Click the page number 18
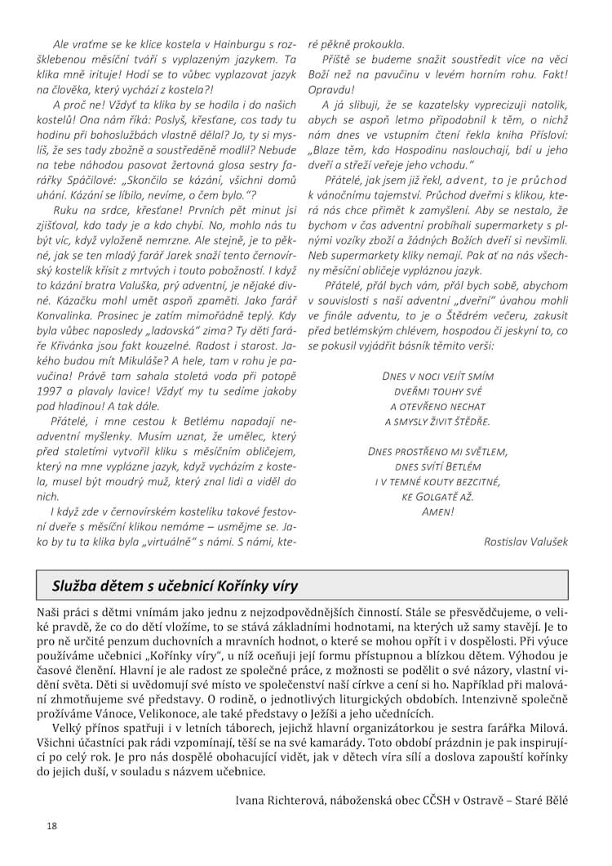51,826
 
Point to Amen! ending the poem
438,511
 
